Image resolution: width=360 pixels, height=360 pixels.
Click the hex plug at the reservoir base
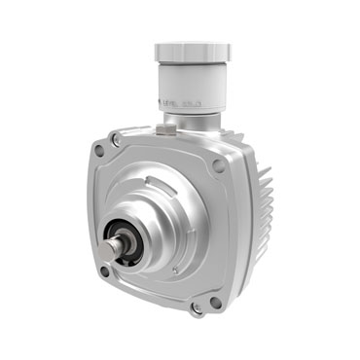[x=171, y=123]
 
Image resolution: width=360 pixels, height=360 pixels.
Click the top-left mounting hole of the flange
[x=98, y=151]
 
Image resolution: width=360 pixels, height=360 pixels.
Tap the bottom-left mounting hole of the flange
[x=104, y=271]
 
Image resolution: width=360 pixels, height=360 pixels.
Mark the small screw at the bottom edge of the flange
[x=198, y=308]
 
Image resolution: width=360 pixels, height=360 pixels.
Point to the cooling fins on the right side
[x=260, y=209]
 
